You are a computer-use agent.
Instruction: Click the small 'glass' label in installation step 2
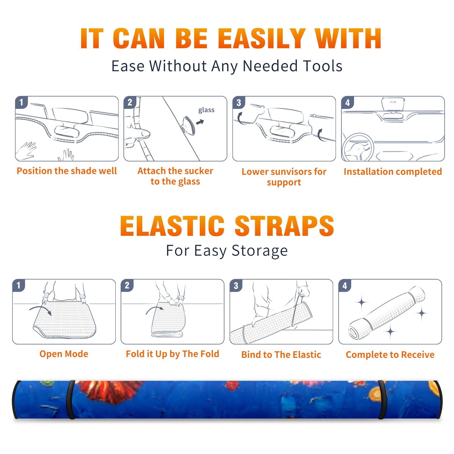coord(206,110)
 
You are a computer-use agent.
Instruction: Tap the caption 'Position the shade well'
coord(67,171)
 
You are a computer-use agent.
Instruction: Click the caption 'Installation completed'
coord(393,171)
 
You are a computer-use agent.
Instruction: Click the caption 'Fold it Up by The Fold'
coord(173,354)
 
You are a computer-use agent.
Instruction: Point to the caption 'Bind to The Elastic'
coord(281,354)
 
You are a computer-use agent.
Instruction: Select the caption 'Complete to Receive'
coord(390,354)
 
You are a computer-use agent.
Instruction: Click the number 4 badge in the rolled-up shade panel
coord(345,285)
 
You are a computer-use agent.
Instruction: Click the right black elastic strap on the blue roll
coord(382,400)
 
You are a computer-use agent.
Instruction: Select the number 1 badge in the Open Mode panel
coord(19,285)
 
